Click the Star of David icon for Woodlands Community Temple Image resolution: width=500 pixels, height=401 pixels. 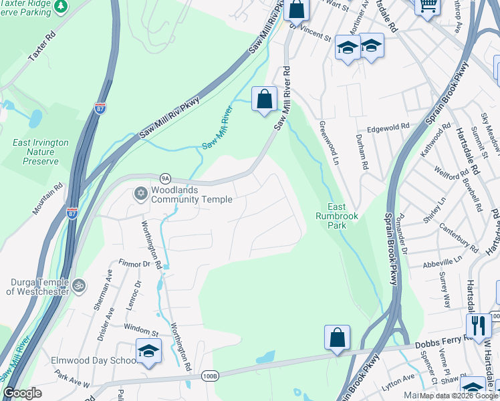coord(140,194)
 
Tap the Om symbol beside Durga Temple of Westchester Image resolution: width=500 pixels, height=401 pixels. coord(79,285)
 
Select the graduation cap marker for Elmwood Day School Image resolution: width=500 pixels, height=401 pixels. coord(148,351)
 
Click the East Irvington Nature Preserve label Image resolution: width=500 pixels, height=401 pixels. coord(40,152)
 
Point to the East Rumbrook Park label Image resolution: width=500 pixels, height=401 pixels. coord(342,216)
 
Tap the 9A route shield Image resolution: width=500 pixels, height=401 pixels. coord(166,178)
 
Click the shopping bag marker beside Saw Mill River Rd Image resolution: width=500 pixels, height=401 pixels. coord(265,99)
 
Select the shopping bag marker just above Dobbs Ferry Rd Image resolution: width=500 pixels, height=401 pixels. coord(338,338)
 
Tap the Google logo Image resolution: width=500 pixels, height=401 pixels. coord(22,393)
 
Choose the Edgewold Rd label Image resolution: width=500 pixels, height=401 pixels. coord(387,127)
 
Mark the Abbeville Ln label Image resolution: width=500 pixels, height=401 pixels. coord(443,261)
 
